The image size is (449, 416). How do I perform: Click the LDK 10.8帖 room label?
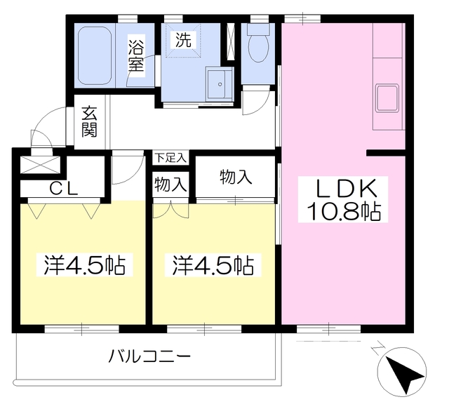point(343,199)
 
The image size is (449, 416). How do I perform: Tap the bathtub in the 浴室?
point(95,55)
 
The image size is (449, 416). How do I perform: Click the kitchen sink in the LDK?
point(388,98)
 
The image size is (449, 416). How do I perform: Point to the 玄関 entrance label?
point(89,122)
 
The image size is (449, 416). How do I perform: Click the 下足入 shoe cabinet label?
point(170,158)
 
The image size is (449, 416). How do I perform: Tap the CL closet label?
point(64,189)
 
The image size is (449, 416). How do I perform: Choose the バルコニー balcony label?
point(149,357)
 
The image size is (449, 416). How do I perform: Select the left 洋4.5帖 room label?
point(84,265)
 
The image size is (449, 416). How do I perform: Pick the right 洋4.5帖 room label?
point(213,265)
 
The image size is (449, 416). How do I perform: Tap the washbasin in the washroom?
point(220,84)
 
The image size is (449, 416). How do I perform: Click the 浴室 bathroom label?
point(135,56)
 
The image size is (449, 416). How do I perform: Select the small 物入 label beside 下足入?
point(170,184)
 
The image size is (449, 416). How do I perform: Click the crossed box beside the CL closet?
point(40,165)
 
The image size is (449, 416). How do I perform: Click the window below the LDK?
point(328,329)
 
